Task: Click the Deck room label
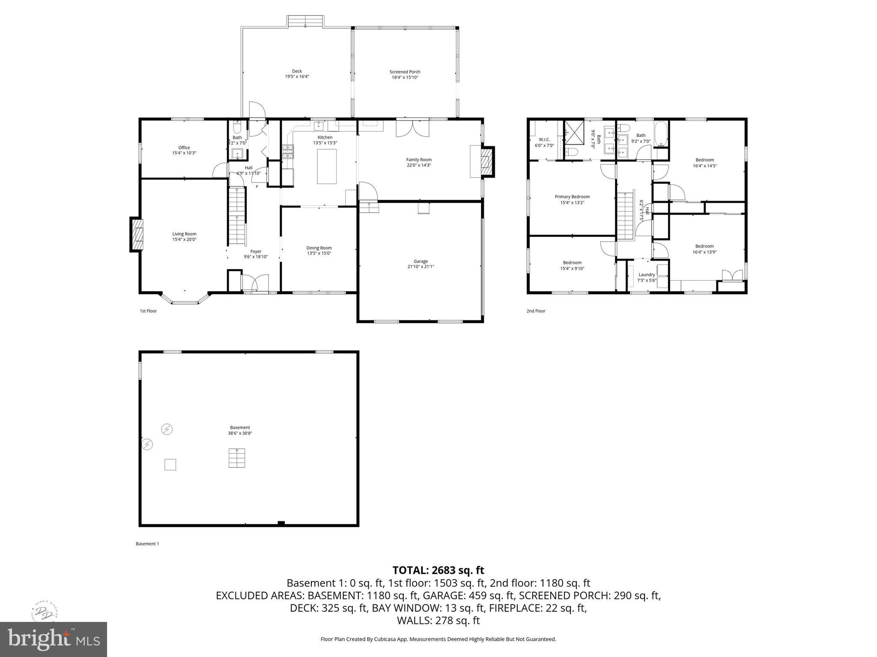[x=297, y=71]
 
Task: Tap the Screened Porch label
[x=405, y=72]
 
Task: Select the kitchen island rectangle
[x=326, y=166]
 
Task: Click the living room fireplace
[x=137, y=234]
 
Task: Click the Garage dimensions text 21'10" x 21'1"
[x=421, y=266]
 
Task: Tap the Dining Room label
[x=319, y=248]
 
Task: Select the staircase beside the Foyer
[x=237, y=216]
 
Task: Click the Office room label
[x=184, y=148]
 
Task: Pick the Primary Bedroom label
[x=572, y=197]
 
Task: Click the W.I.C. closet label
[x=544, y=139]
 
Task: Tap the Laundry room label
[x=647, y=275]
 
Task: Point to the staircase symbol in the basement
[x=237, y=458]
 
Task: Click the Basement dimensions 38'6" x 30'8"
[x=240, y=433]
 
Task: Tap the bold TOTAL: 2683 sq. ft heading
[x=438, y=570]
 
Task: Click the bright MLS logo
[x=53, y=639]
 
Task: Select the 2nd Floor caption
[x=536, y=311]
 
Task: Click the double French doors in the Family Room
[x=412, y=128]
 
